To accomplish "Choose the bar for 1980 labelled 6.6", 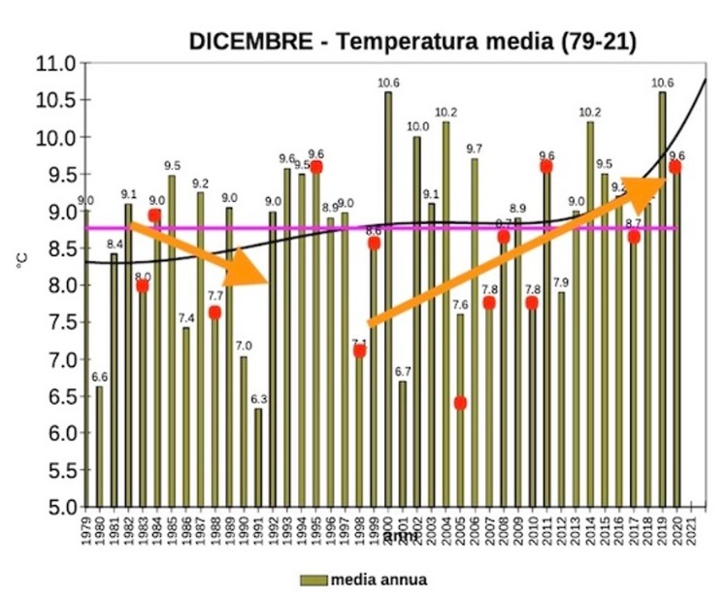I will click(x=99, y=447).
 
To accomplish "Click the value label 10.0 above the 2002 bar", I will click(x=417, y=126).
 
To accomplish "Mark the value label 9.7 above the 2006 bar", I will click(x=475, y=149).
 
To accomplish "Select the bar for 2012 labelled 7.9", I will click(x=561, y=399).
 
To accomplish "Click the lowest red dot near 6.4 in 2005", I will click(x=460, y=403).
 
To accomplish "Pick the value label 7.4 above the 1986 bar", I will click(x=185, y=318).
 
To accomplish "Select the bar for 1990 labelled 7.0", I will click(x=244, y=431).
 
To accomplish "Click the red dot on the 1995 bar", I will click(x=315, y=167).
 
